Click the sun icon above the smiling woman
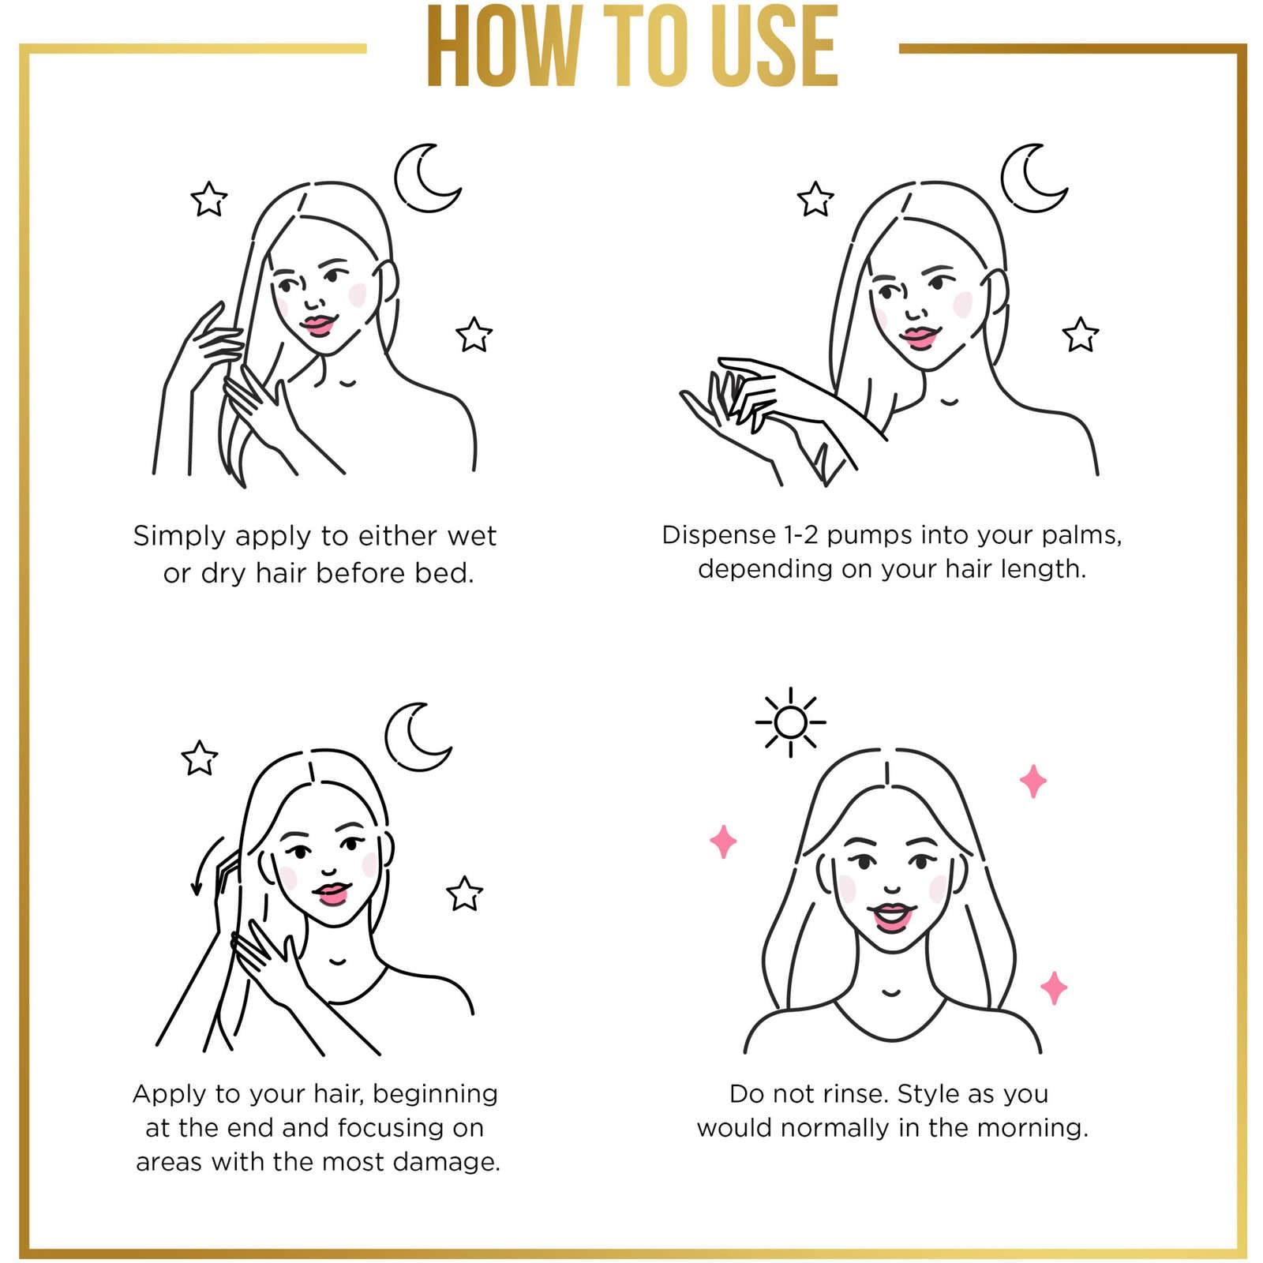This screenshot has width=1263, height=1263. click(x=790, y=721)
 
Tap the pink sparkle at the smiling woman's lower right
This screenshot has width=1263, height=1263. click(x=1054, y=988)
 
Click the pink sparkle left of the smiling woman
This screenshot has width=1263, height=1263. click(x=723, y=841)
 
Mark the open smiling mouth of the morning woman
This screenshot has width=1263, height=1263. click(x=892, y=917)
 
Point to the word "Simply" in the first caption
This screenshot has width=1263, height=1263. click(x=179, y=537)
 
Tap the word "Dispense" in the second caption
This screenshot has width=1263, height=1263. click(x=718, y=535)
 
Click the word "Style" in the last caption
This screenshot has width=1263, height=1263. click(x=928, y=1094)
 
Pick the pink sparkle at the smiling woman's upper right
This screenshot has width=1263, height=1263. click(x=1033, y=781)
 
